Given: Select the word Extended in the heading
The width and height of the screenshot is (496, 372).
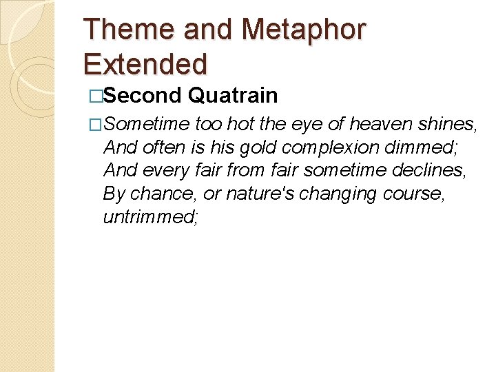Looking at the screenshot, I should tap(145, 63).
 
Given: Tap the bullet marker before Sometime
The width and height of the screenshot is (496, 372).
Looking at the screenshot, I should tap(96, 125).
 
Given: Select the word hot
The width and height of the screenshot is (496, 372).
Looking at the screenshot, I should tap(240, 124).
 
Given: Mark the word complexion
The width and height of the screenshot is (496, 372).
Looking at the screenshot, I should tap(330, 148).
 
